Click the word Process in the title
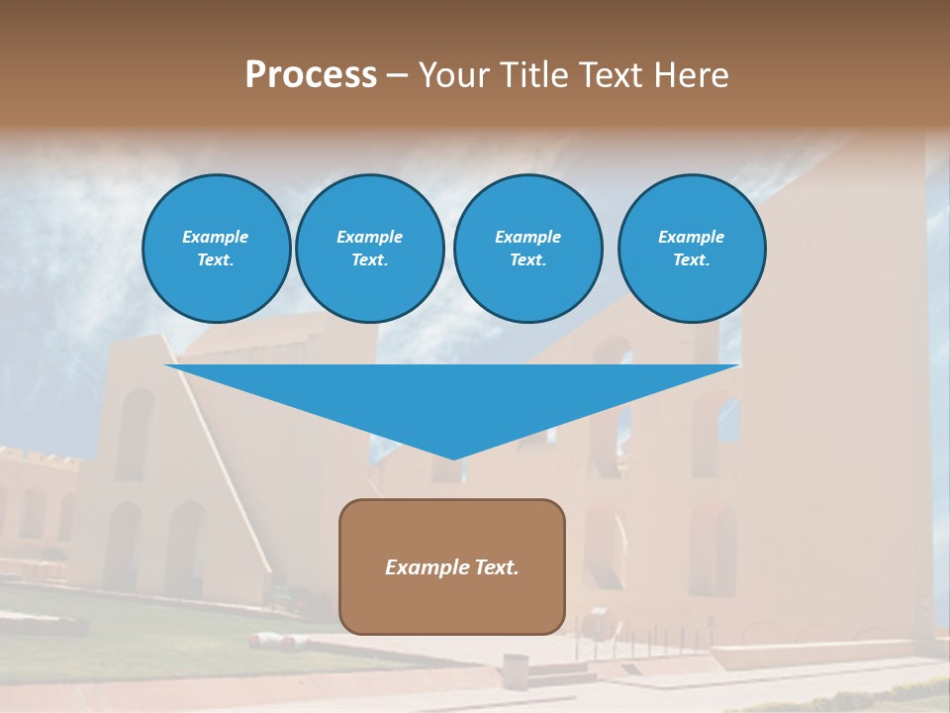point(311,75)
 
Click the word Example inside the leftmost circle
point(216,237)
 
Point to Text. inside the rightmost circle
point(692,259)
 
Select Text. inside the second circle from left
point(369,259)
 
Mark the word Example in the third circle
point(527,237)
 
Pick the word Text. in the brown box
point(497,567)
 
